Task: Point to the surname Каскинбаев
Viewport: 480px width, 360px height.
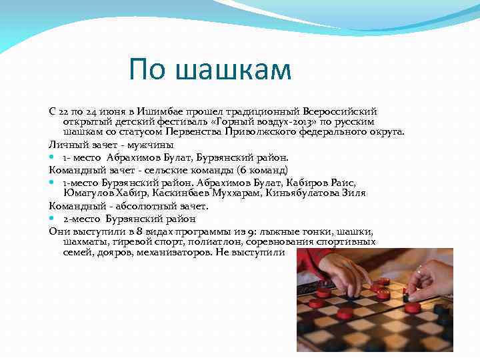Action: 179,193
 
